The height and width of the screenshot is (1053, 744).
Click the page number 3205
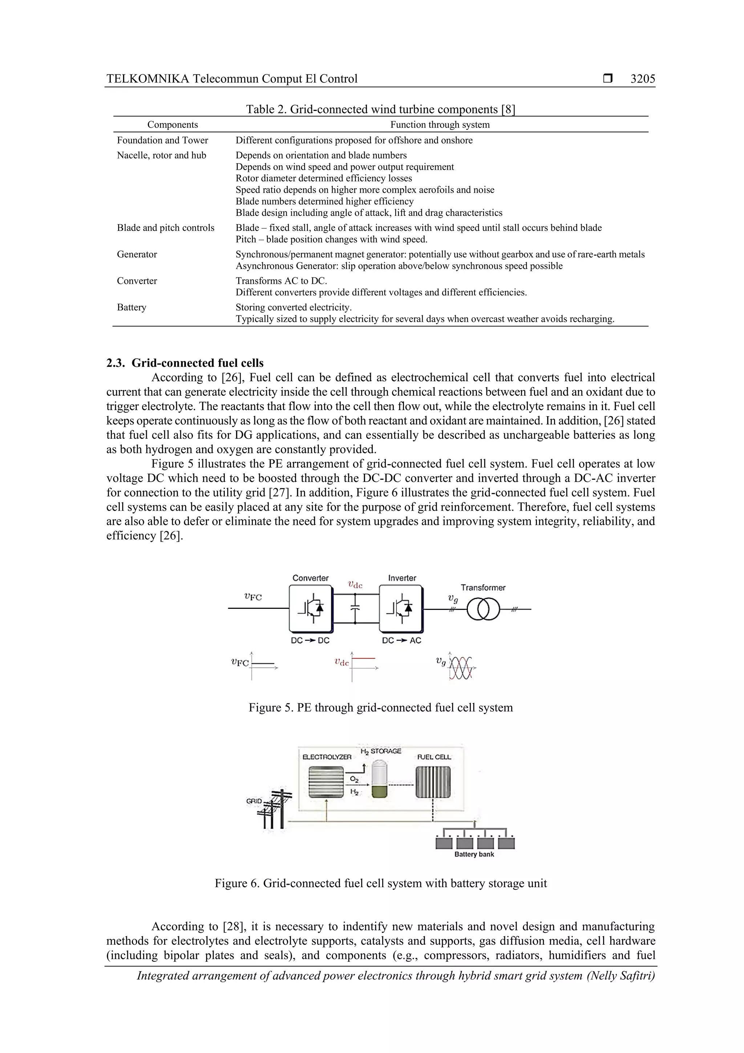point(642,79)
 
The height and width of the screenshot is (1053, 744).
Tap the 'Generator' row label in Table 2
point(137,254)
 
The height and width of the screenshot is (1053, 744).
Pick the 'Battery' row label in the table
point(132,307)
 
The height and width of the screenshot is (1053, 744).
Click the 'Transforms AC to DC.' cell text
point(281,281)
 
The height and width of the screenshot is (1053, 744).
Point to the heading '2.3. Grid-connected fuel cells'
point(185,363)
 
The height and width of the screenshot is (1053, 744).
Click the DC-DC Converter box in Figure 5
point(310,608)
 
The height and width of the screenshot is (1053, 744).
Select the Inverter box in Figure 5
point(401,608)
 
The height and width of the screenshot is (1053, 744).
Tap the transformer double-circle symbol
point(483,610)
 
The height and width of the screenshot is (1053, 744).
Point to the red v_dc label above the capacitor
point(355,585)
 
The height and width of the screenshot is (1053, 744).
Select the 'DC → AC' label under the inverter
point(401,640)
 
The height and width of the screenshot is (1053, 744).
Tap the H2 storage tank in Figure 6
point(380,779)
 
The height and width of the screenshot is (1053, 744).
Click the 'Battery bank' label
point(474,855)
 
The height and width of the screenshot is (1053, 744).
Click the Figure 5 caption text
point(380,708)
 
